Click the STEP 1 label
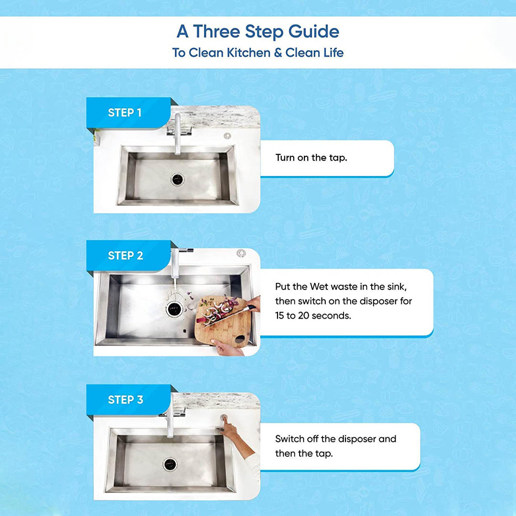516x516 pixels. (x=124, y=113)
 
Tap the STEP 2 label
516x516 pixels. (x=125, y=256)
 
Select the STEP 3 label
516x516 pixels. (x=125, y=400)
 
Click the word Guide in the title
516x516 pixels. (x=313, y=32)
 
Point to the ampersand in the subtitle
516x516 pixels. (x=278, y=53)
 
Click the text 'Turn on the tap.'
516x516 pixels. (x=312, y=158)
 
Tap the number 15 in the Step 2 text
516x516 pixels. (x=279, y=316)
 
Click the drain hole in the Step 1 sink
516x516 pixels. (x=177, y=179)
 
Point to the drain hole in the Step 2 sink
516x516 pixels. (x=174, y=309)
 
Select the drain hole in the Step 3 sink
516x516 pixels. (x=170, y=464)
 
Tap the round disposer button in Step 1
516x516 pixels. (x=227, y=136)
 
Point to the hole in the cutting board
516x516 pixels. (x=240, y=339)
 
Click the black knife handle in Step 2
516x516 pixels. (x=251, y=308)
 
